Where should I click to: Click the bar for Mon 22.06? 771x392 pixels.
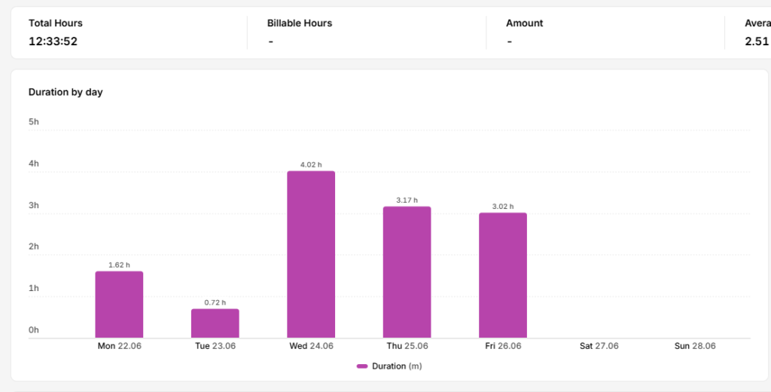point(119,305)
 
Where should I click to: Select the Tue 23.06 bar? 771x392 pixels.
point(215,323)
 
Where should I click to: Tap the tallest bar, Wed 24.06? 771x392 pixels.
point(311,254)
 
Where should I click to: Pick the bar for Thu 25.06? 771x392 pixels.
point(407,272)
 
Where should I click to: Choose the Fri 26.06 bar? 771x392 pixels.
point(502,275)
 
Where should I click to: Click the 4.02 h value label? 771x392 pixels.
point(311,164)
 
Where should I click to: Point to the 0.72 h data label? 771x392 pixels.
point(215,302)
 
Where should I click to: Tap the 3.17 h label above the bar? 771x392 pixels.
point(407,200)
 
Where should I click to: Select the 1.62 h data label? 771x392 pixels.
point(119,265)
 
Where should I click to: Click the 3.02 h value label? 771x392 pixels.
point(502,207)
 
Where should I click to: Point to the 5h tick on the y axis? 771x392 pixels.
point(33,121)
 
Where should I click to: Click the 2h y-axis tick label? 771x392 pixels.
point(33,247)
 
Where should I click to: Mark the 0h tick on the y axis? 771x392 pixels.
point(33,330)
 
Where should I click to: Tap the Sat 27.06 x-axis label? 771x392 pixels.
point(599,346)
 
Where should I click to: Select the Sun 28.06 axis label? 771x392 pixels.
point(695,346)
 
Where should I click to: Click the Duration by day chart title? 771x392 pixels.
point(66,92)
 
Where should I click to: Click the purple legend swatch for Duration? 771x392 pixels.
point(362,366)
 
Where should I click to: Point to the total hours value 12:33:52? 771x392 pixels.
point(53,41)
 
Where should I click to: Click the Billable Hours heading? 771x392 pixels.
point(300,23)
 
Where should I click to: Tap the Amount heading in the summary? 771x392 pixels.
point(524,23)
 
